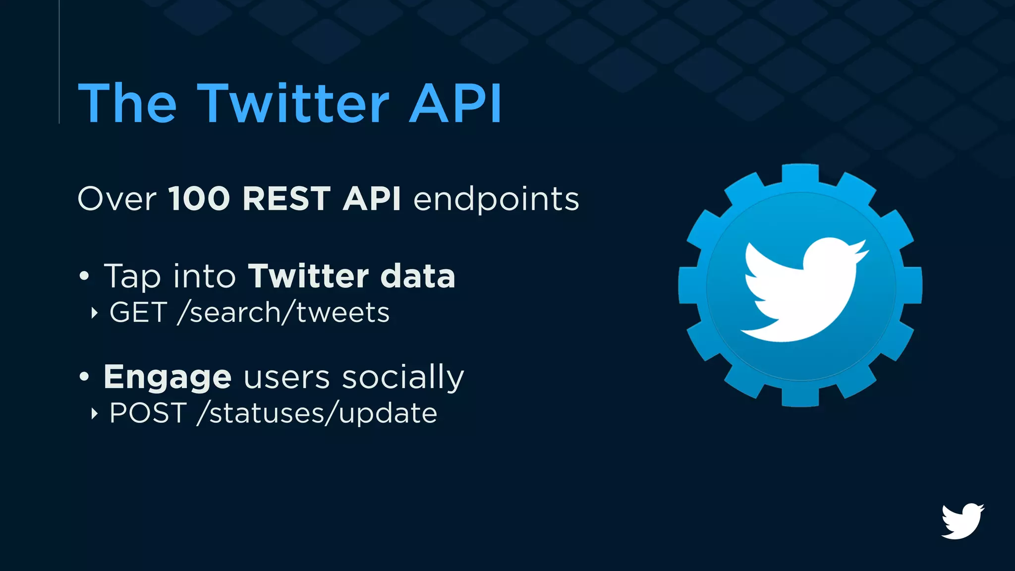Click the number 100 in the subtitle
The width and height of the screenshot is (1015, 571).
199,199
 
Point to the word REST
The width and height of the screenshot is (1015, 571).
286,199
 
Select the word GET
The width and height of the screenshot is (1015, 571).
138,312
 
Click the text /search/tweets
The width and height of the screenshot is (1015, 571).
283,312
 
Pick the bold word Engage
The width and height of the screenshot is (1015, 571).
168,378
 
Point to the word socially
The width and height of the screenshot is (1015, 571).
403,378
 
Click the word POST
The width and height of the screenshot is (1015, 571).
148,413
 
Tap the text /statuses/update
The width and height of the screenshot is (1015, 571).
317,413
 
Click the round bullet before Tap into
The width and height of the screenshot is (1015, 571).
84,276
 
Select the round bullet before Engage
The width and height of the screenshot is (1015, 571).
84,377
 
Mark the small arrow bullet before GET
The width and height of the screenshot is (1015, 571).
94,313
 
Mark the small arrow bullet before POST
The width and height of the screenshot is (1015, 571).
94,413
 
